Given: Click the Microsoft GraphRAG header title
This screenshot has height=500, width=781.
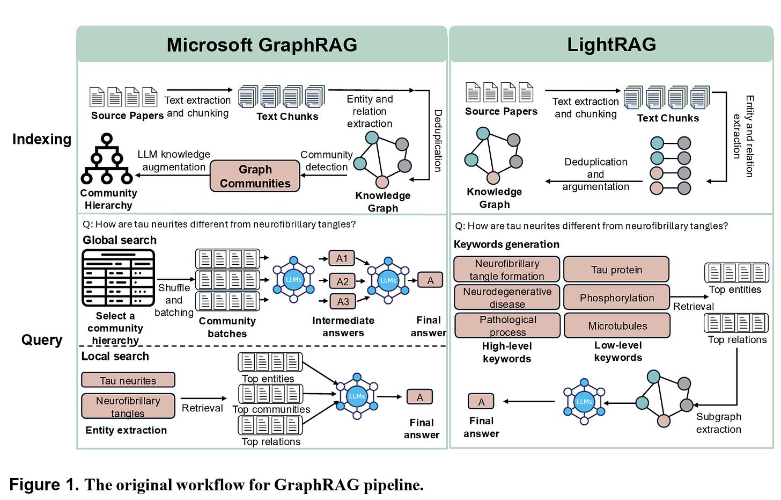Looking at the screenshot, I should click(x=262, y=45).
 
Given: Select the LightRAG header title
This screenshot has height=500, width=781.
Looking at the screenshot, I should click(x=611, y=45).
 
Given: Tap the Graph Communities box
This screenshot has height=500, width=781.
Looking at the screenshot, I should click(x=255, y=176).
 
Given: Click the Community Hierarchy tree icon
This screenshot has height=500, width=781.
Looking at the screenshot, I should click(x=107, y=159).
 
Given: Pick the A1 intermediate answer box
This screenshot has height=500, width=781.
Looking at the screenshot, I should click(x=342, y=258).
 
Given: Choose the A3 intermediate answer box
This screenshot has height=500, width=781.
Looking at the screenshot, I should click(x=343, y=302).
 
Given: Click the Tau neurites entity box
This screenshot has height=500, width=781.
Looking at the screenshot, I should click(x=128, y=380).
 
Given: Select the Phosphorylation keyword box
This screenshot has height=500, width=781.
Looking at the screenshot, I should click(x=616, y=298).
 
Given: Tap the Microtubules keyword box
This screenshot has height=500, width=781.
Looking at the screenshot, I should click(x=617, y=325).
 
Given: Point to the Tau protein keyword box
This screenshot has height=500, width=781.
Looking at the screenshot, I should click(x=616, y=270).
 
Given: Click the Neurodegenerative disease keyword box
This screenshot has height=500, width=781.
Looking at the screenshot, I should click(x=507, y=298).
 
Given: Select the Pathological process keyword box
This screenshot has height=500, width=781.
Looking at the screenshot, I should click(x=507, y=325).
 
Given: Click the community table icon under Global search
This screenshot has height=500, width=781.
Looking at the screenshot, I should click(x=118, y=278).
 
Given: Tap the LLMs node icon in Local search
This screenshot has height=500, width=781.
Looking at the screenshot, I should click(x=357, y=396).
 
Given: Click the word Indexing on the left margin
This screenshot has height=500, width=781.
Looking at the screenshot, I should click(x=42, y=139).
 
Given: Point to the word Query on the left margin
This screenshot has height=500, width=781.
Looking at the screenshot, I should click(x=42, y=340).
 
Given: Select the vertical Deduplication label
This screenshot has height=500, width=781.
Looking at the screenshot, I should click(x=438, y=141).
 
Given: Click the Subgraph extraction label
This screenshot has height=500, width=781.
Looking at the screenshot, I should click(x=718, y=423).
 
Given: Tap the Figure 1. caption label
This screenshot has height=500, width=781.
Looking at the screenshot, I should click(x=44, y=484).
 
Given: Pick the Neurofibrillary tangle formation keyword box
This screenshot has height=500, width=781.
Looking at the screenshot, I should click(x=507, y=270).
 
